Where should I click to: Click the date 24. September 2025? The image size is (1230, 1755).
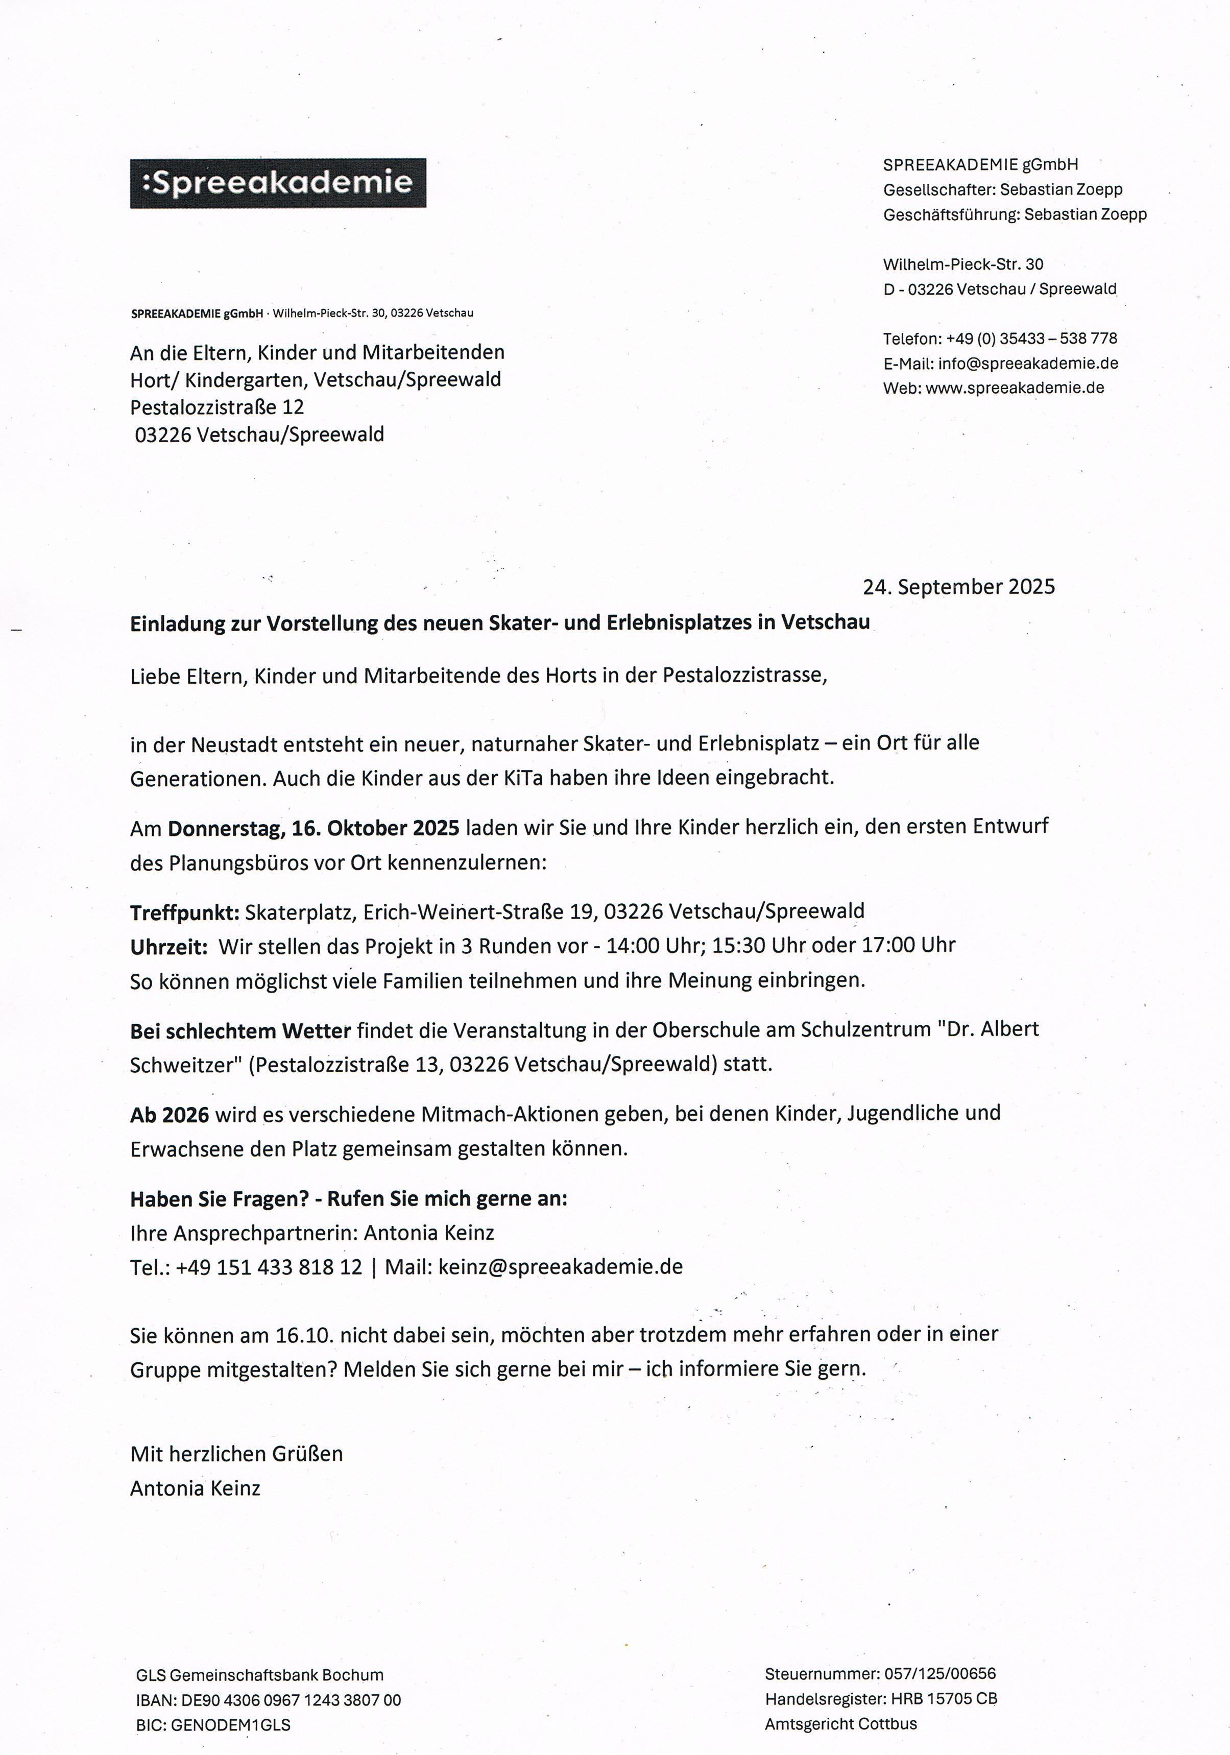coord(958,587)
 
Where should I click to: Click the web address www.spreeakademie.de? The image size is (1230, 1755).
coord(1015,388)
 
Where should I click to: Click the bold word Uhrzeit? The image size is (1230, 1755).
coord(168,946)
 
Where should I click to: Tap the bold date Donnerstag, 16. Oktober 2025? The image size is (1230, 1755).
coord(313,828)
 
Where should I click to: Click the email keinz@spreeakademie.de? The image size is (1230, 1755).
coord(560,1266)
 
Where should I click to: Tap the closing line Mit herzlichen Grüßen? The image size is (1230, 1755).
coord(236,1453)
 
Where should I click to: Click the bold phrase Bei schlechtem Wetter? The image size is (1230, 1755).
coord(240,1030)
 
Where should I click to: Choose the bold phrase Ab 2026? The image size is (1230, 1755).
coord(169,1115)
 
